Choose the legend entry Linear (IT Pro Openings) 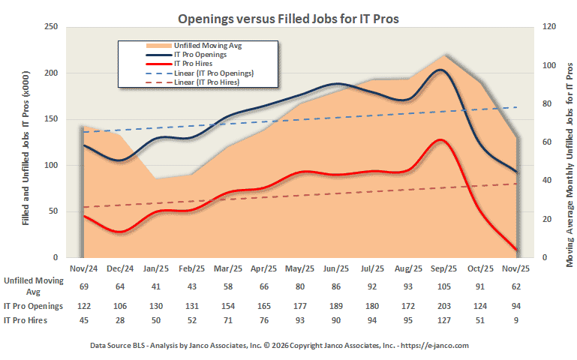click(x=213, y=73)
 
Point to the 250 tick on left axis click(x=52, y=27)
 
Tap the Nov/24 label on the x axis click(x=84, y=268)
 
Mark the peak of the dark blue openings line click(x=441, y=70)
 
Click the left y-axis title click(x=26, y=142)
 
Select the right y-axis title click(x=569, y=142)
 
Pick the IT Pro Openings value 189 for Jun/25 click(x=335, y=306)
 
